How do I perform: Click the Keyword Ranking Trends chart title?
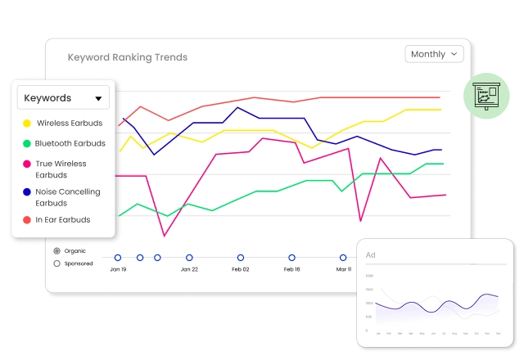pyautogui.click(x=127, y=57)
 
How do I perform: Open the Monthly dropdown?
pyautogui.click(x=434, y=54)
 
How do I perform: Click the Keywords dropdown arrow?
pyautogui.click(x=98, y=99)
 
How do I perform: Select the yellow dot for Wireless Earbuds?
pyautogui.click(x=27, y=124)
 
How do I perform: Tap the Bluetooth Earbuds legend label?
pyautogui.click(x=70, y=143)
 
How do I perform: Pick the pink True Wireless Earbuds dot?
pyautogui.click(x=27, y=164)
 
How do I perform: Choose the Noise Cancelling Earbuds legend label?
pyautogui.click(x=67, y=197)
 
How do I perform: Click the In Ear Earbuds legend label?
pyautogui.click(x=63, y=220)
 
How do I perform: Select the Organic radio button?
pyautogui.click(x=56, y=250)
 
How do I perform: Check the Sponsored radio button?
pyautogui.click(x=56, y=263)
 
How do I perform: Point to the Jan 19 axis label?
pyautogui.click(x=118, y=269)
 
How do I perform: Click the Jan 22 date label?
pyautogui.click(x=189, y=269)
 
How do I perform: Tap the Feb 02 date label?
pyautogui.click(x=240, y=269)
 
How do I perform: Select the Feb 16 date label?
pyautogui.click(x=291, y=269)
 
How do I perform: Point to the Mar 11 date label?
pyautogui.click(x=343, y=269)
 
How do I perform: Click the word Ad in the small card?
pyautogui.click(x=371, y=255)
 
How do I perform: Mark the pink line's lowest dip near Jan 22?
pyautogui.click(x=164, y=236)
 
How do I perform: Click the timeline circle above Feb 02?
pyautogui.click(x=240, y=257)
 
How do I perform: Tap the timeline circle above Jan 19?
pyautogui.click(x=118, y=257)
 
